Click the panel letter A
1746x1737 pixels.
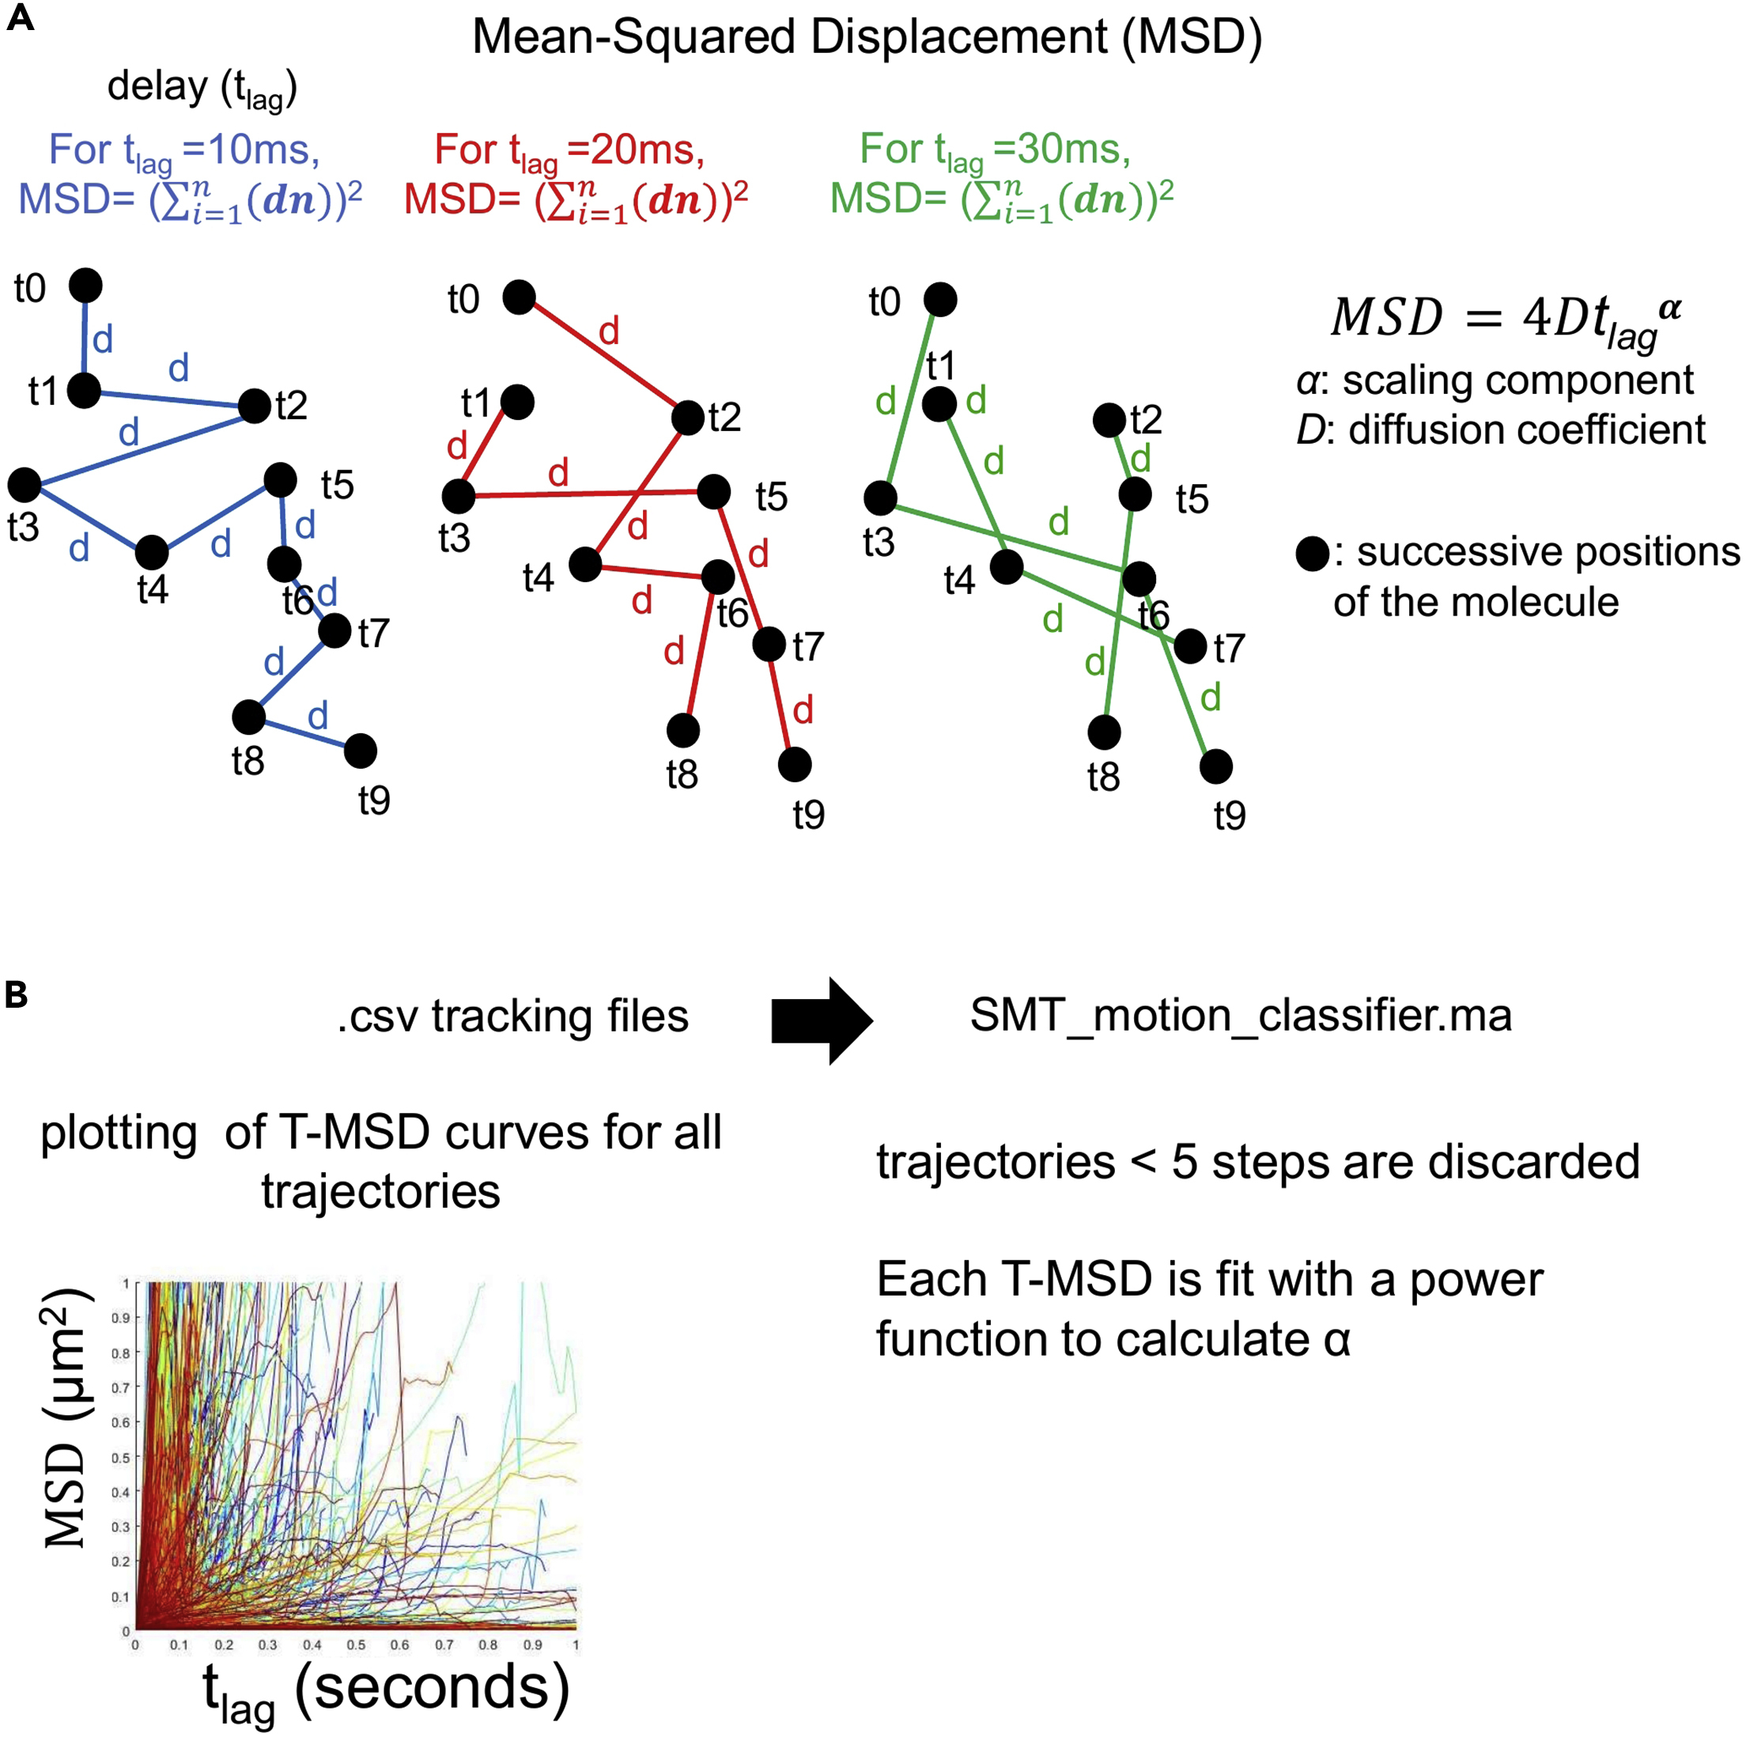coord(20,18)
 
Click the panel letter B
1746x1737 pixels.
coord(17,995)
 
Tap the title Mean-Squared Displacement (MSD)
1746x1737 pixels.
coord(867,38)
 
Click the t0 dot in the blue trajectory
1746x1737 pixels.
coord(86,286)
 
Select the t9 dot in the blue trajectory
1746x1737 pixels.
coord(361,750)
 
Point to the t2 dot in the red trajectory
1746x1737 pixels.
coord(688,418)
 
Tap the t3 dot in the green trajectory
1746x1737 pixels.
coord(880,497)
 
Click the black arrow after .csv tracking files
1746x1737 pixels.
coord(821,1020)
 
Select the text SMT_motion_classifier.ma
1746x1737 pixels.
coord(1241,1016)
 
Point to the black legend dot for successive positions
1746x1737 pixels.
coord(1312,553)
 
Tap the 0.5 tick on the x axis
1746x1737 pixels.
coord(356,1644)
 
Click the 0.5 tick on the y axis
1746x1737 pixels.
coord(121,1457)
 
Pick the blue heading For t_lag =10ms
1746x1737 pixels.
coord(184,151)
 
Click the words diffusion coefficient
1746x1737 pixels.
coord(1526,430)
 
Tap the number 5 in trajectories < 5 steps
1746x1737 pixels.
coord(1185,1162)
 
